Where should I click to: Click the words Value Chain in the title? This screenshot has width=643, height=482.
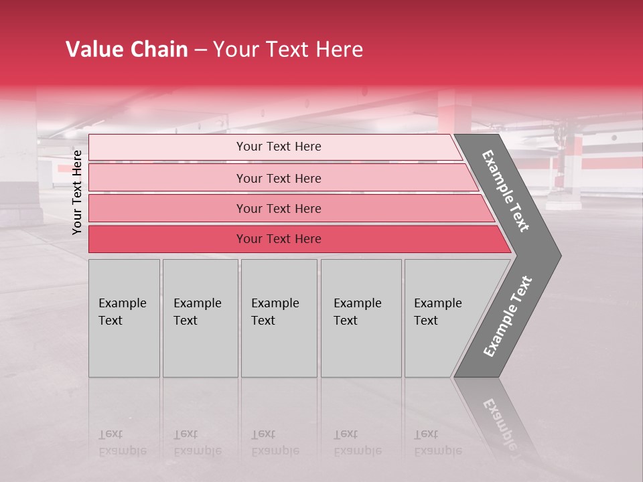127,50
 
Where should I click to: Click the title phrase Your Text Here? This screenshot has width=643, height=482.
288,50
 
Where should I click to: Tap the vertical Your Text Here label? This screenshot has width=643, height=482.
77,192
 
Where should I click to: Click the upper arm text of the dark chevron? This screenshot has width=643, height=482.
506,191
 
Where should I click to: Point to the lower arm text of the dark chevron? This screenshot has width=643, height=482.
507,317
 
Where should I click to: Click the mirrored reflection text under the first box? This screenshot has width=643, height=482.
122,443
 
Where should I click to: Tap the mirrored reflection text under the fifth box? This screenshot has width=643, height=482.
437,443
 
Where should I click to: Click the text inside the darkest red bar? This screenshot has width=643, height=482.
279,239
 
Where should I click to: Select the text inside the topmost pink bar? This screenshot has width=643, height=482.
279,147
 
